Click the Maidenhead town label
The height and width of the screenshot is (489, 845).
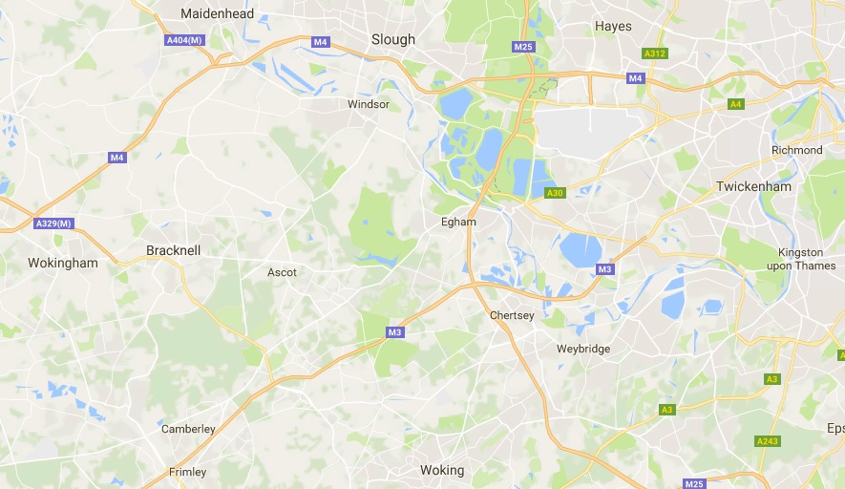point(218,14)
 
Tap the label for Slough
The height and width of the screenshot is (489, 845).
point(393,39)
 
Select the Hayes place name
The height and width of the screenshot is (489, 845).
point(613,26)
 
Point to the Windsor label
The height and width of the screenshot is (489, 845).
point(369,104)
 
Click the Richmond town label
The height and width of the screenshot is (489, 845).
point(796,150)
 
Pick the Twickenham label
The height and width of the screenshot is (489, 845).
point(754,186)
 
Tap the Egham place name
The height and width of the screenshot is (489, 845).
point(458,221)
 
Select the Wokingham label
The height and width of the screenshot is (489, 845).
point(63,263)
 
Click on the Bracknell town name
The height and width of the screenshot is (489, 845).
point(174,250)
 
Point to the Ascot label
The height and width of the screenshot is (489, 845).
point(282,272)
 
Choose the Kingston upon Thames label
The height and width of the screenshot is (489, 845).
point(801,259)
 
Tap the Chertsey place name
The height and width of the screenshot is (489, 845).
point(512,315)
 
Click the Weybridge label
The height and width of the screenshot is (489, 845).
point(583,349)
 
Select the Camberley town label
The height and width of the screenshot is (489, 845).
point(188,429)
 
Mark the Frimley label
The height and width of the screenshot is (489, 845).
point(187,472)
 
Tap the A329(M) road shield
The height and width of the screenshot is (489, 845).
point(53,223)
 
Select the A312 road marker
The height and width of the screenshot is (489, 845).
point(655,53)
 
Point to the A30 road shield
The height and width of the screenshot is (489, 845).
point(555,193)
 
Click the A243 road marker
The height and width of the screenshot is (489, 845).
point(768,441)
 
